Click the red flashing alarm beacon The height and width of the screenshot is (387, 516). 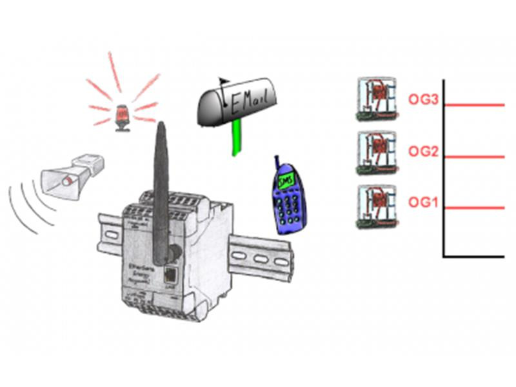click(x=121, y=117)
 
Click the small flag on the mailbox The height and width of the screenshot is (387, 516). click(x=224, y=82)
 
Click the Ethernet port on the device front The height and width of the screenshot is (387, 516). click(x=171, y=272)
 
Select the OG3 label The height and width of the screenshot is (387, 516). click(x=423, y=99)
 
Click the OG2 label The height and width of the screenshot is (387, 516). click(x=423, y=152)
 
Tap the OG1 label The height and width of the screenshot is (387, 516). click(x=423, y=203)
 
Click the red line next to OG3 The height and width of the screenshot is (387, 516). click(x=474, y=104)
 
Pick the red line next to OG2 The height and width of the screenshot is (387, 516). click(x=474, y=157)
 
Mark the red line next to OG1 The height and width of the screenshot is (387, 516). click(x=474, y=208)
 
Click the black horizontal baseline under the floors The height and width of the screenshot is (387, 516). click(x=474, y=257)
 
